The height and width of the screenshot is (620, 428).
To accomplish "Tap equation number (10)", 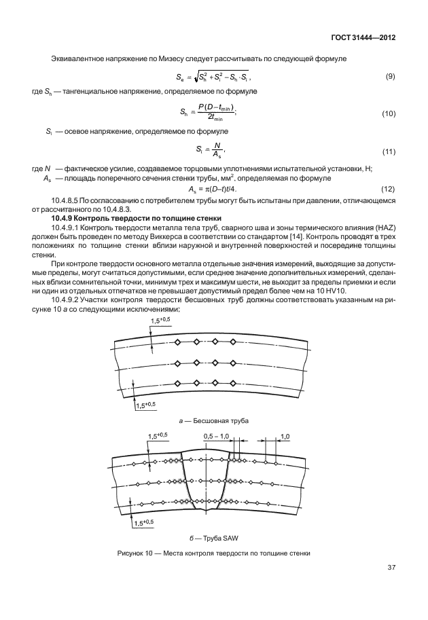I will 389,113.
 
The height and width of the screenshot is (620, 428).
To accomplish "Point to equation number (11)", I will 389,150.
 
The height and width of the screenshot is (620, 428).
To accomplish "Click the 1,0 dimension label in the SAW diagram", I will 285,435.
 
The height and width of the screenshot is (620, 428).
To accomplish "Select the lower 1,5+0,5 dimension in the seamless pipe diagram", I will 145,405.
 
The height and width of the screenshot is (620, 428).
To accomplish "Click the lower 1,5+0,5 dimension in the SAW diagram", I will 144,522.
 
